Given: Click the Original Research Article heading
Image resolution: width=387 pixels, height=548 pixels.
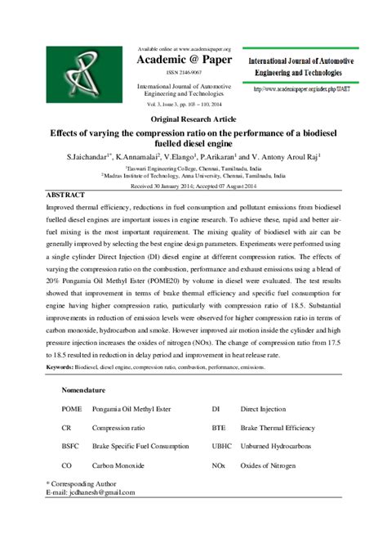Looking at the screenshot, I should tap(193, 119).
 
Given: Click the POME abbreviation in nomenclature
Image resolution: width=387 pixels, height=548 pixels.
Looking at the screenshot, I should tap(72, 407).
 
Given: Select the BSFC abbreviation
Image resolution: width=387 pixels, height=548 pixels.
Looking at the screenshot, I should tap(72, 446).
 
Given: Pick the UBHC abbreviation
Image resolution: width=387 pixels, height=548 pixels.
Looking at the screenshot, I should tap(223, 446).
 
